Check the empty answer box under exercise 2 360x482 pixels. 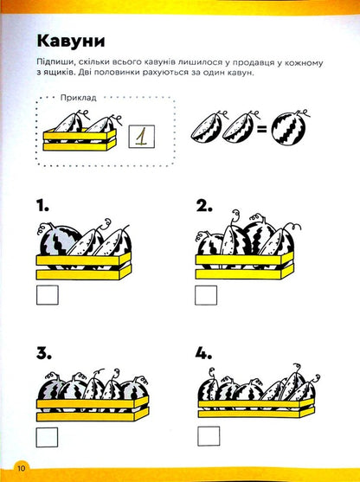click(x=206, y=296)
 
